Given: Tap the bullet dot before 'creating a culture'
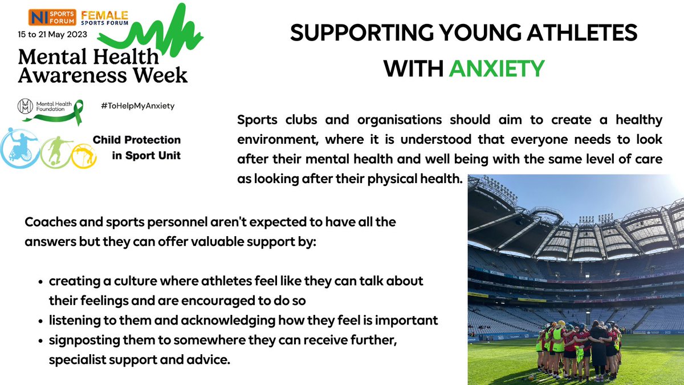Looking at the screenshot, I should click(x=42, y=282).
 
